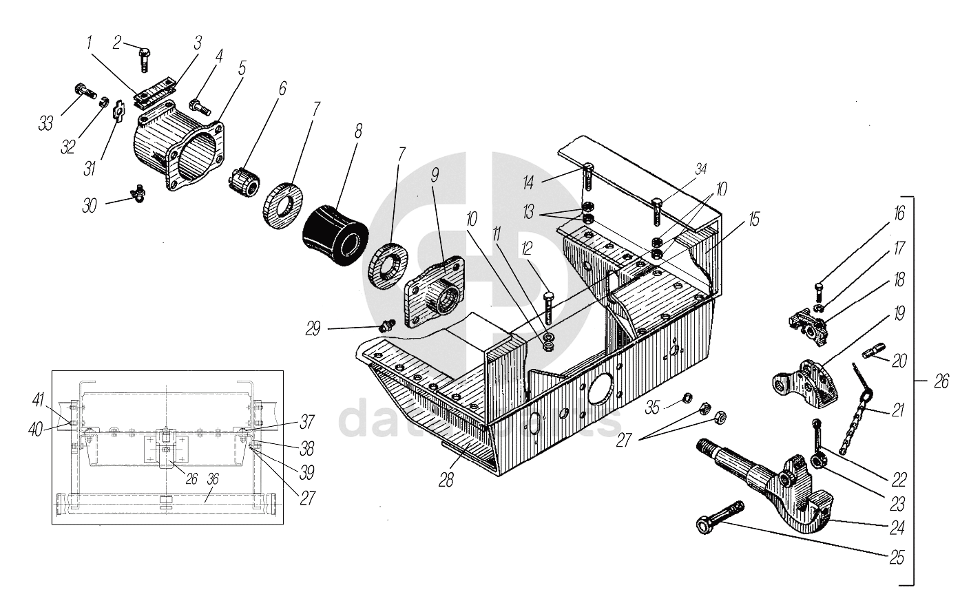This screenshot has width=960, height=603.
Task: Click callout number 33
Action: click(x=46, y=124)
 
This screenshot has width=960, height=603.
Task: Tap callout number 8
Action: click(x=357, y=131)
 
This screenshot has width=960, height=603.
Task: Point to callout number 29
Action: click(x=314, y=329)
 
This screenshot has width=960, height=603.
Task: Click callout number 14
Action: click(x=528, y=182)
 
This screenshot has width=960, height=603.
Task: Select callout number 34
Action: click(x=700, y=169)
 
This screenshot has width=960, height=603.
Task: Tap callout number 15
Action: click(x=754, y=220)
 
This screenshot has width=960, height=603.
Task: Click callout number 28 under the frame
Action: click(x=446, y=480)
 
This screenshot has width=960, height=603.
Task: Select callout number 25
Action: click(x=896, y=557)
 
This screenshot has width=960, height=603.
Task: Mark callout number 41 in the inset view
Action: click(x=38, y=399)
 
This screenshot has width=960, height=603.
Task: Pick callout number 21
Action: click(x=897, y=411)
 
